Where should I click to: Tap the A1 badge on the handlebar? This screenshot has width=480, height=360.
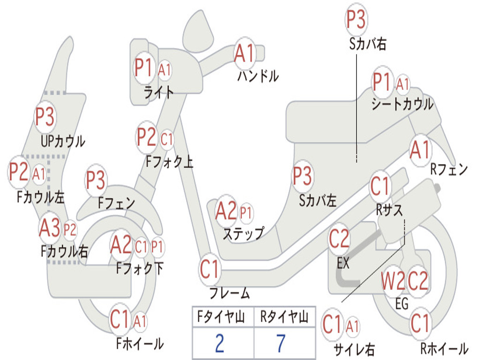(x=244, y=53)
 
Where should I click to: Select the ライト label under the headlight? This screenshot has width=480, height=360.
(x=159, y=92)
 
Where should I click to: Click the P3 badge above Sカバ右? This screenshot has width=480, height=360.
(x=356, y=19)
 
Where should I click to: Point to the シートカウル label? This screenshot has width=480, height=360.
(x=402, y=104)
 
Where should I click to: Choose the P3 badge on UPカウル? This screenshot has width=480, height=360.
(x=45, y=117)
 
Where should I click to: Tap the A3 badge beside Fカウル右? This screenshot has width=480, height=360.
(x=50, y=228)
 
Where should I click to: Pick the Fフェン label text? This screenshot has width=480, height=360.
(x=117, y=203)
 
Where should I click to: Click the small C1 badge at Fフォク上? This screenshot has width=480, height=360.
(x=166, y=139)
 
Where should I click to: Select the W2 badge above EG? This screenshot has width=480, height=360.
(x=393, y=281)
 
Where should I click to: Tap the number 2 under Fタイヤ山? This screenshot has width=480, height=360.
(x=219, y=343)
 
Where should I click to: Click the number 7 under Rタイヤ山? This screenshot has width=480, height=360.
(x=280, y=343)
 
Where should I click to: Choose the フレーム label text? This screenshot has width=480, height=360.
(x=230, y=294)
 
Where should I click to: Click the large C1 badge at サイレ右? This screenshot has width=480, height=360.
(x=333, y=324)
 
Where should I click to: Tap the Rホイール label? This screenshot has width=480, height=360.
(x=444, y=348)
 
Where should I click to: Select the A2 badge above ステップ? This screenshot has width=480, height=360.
(x=226, y=211)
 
